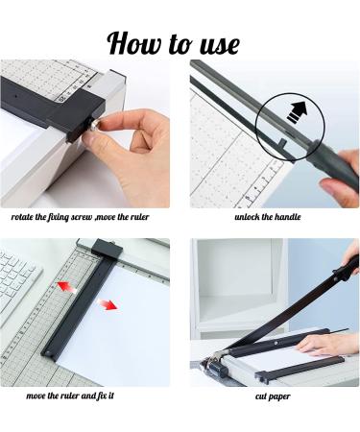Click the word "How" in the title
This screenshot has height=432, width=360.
(x=133, y=43)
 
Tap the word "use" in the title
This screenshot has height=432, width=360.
(x=220, y=45)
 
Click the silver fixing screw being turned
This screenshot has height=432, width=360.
(x=95, y=125)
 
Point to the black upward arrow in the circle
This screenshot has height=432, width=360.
(x=297, y=112)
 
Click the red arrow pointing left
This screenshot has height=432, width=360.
(x=67, y=286)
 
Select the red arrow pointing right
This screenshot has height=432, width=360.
(x=107, y=304)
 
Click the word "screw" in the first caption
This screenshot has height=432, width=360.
(x=82, y=217)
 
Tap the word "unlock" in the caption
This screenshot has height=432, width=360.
(x=247, y=217)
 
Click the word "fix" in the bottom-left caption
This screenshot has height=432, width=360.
(x=102, y=396)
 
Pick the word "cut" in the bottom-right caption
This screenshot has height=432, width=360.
(x=260, y=396)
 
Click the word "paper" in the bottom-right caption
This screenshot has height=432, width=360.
(x=279, y=396)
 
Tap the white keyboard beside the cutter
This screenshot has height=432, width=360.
(x=17, y=281)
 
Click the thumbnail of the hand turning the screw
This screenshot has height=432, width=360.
(x=85, y=133)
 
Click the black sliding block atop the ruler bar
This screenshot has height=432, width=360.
(x=107, y=249)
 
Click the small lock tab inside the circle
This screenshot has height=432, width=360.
(x=283, y=142)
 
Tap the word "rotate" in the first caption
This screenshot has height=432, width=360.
(x=22, y=217)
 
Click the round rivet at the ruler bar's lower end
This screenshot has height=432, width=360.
(x=48, y=353)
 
